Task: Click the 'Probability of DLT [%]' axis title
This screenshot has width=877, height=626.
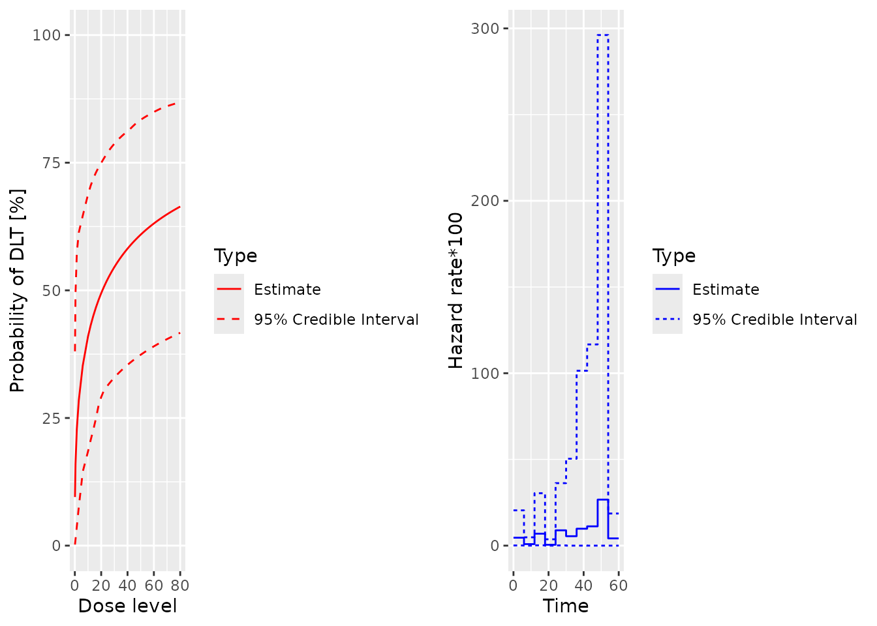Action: coord(18,291)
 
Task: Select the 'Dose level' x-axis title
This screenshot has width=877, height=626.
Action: coord(127,606)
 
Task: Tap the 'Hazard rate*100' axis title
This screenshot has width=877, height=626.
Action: coord(455,291)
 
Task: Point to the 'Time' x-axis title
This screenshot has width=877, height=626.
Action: coord(566,606)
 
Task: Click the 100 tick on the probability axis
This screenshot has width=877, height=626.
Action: coord(46,35)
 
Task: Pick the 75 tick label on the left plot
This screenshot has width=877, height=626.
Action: coord(51,163)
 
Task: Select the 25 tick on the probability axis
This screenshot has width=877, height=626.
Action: coord(51,418)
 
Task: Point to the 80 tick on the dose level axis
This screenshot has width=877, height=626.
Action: coord(180,586)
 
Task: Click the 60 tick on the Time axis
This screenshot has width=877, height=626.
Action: coord(619,586)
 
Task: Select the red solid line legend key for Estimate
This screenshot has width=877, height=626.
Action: coord(229,289)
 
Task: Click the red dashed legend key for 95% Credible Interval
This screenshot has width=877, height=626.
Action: coord(229,319)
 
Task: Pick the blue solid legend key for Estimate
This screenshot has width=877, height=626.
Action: coord(668,289)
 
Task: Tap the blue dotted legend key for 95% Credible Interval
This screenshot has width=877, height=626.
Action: coord(668,319)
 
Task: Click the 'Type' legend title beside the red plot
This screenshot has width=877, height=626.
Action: coord(236,256)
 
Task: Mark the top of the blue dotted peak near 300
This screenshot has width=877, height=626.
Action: coord(603,35)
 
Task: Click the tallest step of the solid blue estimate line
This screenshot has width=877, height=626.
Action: coord(603,499)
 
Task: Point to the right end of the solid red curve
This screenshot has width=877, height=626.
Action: coord(180,206)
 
